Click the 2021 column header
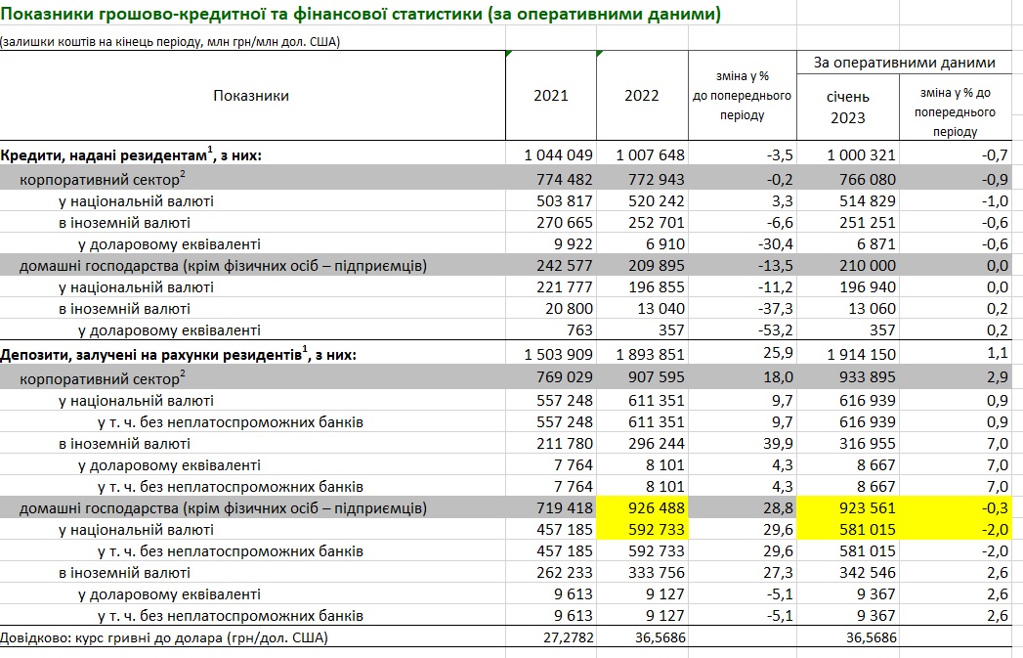[x=550, y=96]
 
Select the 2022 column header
[x=641, y=96]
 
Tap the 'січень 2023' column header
[x=846, y=107]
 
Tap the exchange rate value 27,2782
[x=564, y=637]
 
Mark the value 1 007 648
[x=651, y=155]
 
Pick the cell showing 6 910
[x=664, y=243]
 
